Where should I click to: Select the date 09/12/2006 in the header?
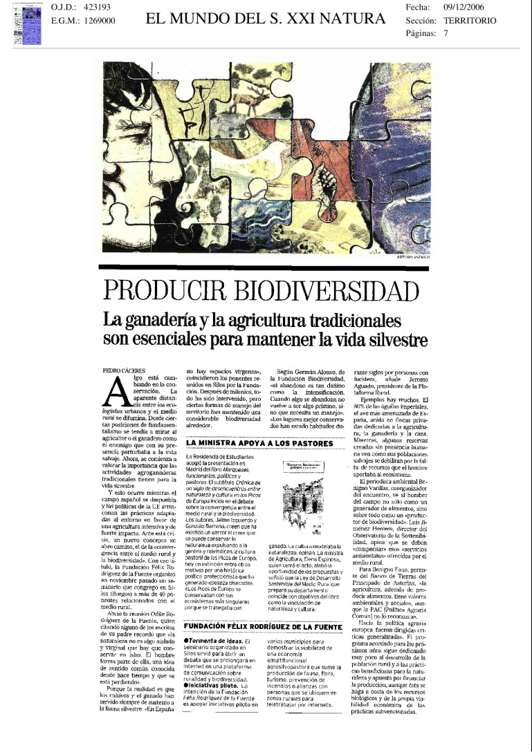468,7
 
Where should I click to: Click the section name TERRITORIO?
470,21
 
